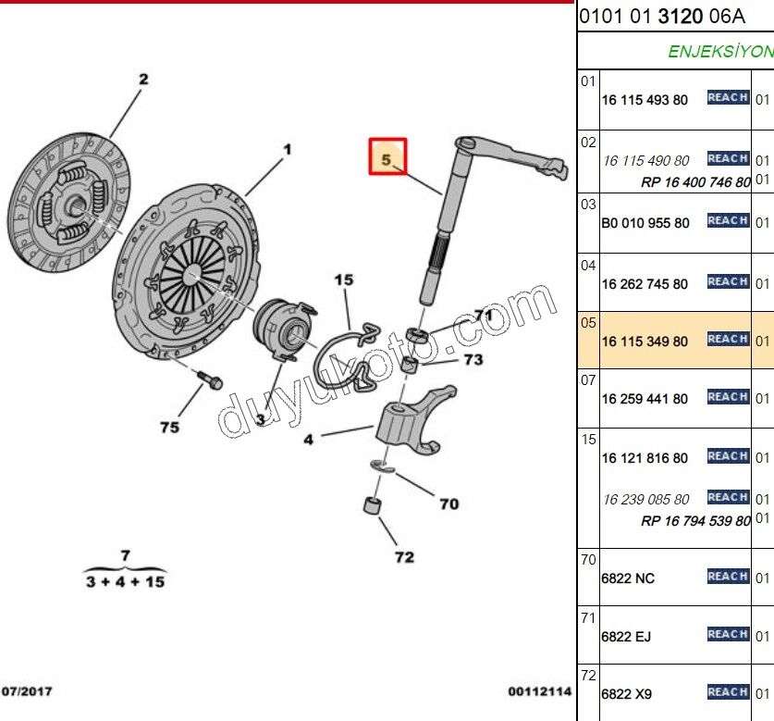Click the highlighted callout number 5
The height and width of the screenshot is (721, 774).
pos(387,159)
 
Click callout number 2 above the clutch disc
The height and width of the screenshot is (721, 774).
pos(143,80)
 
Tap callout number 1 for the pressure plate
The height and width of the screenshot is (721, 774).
pos(287,149)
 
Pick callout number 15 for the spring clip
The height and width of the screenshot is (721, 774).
pos(344,280)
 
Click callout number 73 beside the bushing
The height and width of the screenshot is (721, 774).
pos(473,359)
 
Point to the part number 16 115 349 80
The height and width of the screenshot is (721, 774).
pos(645,342)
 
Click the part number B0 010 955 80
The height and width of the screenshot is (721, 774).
pos(645,223)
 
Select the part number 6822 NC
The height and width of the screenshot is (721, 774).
pos(628,578)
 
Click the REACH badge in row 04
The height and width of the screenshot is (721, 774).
pos(728,281)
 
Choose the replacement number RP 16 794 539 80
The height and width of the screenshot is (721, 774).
pos(695,521)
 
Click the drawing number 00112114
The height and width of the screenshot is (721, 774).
pos(540,691)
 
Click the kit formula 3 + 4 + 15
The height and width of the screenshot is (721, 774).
pos(126,581)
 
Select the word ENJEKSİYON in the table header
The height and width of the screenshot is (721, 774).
pos(719,52)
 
